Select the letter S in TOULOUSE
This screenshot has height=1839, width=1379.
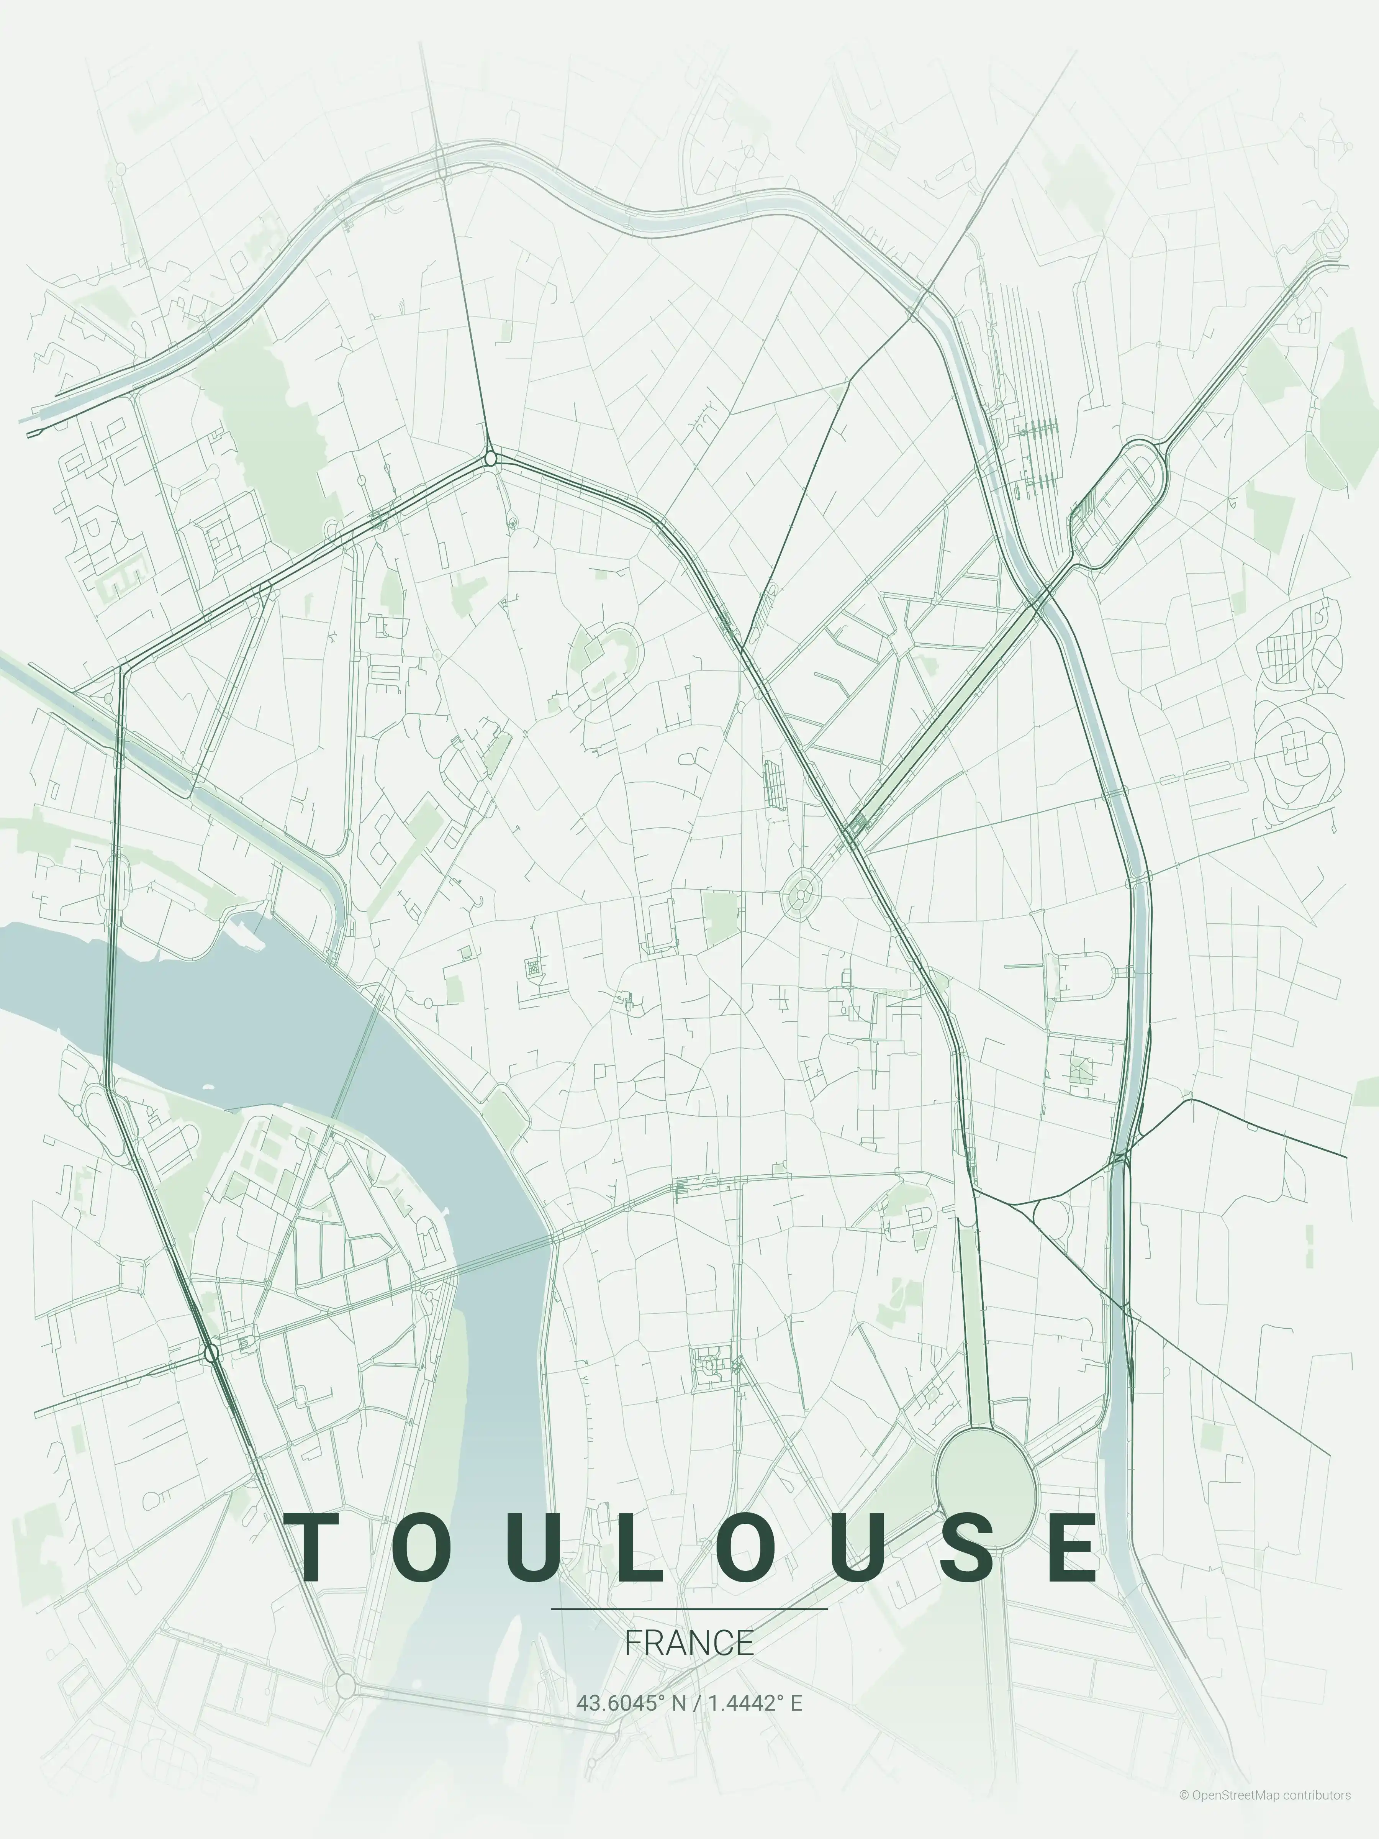970,1548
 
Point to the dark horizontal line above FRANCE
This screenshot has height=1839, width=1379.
689,1609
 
